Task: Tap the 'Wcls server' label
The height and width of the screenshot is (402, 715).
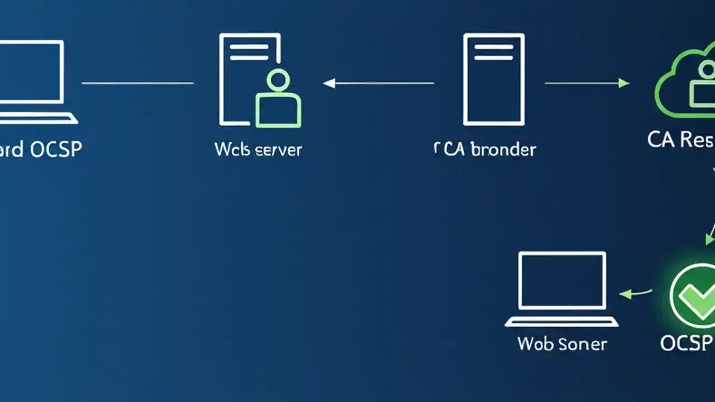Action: [x=258, y=150]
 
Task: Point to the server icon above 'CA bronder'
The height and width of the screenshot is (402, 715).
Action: [x=494, y=79]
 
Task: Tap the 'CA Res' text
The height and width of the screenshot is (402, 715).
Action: [x=680, y=140]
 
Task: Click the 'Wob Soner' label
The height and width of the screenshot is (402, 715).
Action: [x=561, y=343]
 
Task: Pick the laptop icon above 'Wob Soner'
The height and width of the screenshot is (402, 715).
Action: [x=562, y=288]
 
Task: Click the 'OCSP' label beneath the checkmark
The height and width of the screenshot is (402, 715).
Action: [x=686, y=343]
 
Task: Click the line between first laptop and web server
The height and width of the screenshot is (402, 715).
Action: [x=137, y=83]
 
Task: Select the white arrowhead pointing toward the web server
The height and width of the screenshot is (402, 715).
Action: [x=329, y=83]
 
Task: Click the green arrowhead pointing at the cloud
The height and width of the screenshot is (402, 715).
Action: [x=624, y=83]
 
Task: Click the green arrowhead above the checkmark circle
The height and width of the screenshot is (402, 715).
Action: [x=709, y=240]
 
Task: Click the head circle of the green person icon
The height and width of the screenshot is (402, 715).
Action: [x=278, y=80]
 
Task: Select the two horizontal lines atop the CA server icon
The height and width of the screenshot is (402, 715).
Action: [x=494, y=52]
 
